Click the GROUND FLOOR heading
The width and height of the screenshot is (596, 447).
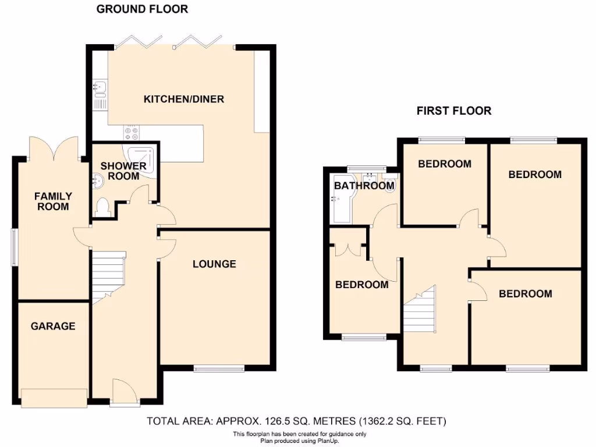click(142, 9)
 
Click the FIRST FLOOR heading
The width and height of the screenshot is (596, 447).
click(453, 111)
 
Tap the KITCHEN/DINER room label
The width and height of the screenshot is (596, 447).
click(183, 99)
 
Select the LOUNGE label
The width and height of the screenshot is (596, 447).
click(214, 264)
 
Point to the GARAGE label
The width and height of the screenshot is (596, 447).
click(53, 326)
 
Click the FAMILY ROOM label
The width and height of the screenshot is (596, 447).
click(52, 201)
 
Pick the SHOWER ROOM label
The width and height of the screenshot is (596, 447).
click(123, 171)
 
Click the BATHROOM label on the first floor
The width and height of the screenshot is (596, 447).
click(364, 186)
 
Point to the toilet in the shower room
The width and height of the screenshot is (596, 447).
click(103, 207)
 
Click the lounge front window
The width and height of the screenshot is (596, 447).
click(219, 368)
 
